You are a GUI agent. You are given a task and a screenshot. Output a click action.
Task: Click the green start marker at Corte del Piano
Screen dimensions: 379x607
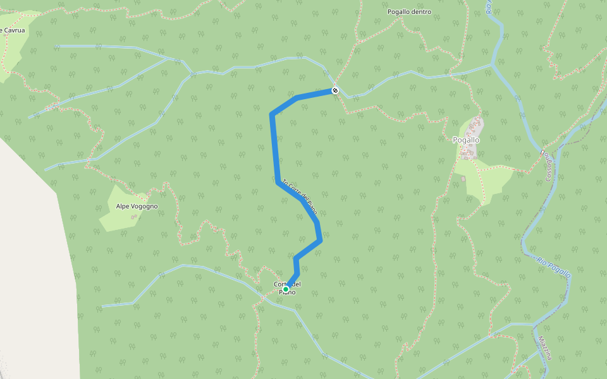pos(286,289)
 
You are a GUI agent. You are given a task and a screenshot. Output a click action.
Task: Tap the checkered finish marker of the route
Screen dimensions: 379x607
pos(335,90)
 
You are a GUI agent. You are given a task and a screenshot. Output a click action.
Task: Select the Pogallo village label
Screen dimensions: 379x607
pos(466,140)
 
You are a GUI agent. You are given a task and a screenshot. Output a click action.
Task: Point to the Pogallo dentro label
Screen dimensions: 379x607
pos(409,12)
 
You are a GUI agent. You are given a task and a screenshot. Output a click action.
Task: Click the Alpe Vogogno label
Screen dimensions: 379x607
pos(137,207)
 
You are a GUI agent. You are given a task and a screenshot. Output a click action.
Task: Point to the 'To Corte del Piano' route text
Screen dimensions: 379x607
pos(299,196)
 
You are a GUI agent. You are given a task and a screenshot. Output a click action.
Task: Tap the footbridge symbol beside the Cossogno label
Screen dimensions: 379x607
pos(542,152)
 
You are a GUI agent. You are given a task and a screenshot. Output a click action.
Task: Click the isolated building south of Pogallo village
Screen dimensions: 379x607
pos(463,179)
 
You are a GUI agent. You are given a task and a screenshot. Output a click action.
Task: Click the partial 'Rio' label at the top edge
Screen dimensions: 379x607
pos(489,7)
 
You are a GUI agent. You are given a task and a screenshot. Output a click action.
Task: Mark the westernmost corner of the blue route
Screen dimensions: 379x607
pos(272,114)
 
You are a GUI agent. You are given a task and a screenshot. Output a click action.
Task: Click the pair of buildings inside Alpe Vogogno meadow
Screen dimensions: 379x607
pos(133,217)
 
